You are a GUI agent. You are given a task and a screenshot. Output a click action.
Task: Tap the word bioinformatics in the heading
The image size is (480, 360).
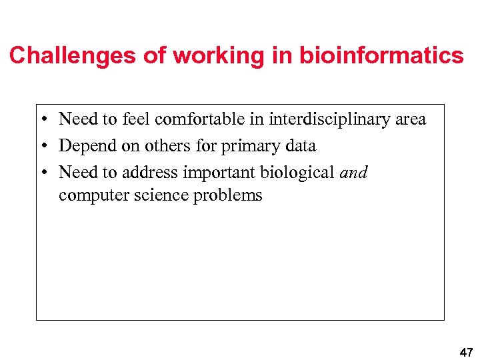pyautogui.click(x=381, y=55)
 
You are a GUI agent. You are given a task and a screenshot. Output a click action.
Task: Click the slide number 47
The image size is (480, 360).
pyautogui.click(x=465, y=352)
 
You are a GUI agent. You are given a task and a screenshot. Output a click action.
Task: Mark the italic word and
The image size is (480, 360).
pyautogui.click(x=353, y=173)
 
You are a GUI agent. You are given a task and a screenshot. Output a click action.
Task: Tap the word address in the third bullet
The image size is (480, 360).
pyautogui.click(x=151, y=173)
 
